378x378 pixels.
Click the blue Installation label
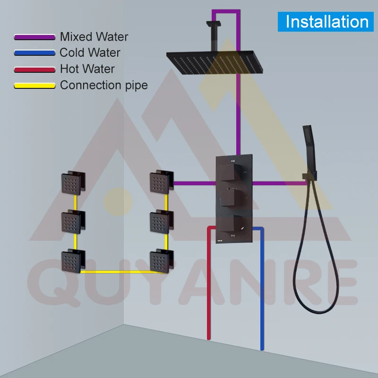coord(327,22)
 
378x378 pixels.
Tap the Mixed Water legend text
coord(94,36)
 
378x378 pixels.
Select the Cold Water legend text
coord(90,52)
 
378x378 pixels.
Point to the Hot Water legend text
coord(87,69)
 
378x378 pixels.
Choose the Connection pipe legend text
coord(103,86)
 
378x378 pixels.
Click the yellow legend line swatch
coord(34,86)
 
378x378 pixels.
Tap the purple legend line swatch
coord(34,37)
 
